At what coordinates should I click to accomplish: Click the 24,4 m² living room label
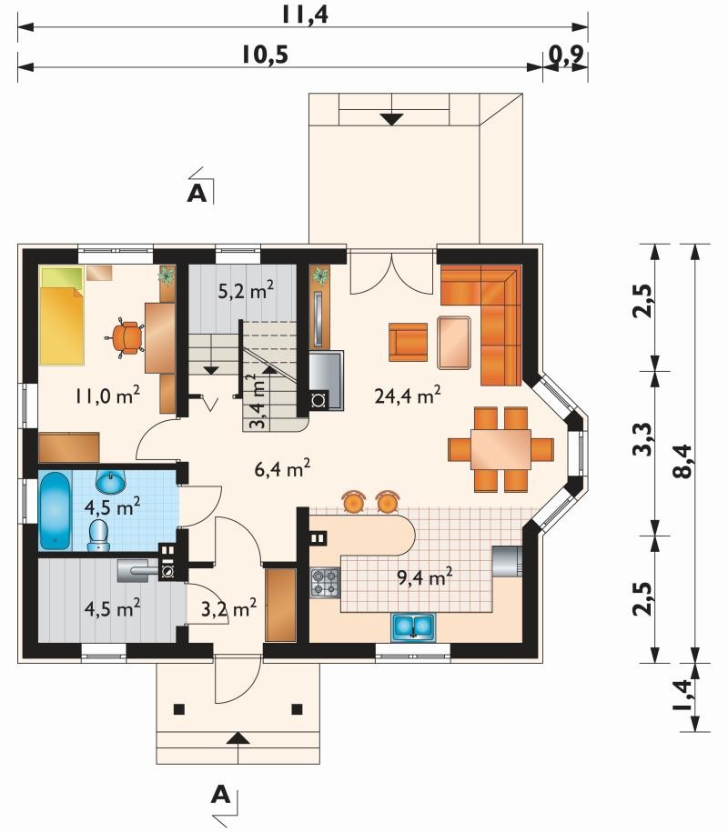click(408, 395)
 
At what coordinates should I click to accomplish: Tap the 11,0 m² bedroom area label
click(107, 395)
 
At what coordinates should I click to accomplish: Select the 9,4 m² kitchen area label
click(425, 576)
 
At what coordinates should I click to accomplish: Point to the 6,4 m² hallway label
click(282, 468)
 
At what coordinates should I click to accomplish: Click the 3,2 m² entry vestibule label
click(229, 608)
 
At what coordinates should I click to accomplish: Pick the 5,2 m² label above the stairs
click(247, 290)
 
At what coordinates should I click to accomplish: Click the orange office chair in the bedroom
click(126, 337)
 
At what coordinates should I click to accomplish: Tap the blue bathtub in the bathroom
click(55, 511)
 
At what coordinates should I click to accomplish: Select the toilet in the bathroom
click(98, 536)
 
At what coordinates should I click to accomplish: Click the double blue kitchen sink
click(414, 627)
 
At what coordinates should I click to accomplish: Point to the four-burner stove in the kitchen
click(325, 582)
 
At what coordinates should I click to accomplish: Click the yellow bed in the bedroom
click(62, 316)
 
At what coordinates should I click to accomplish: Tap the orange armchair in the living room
click(408, 342)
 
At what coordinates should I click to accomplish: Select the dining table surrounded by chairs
click(500, 449)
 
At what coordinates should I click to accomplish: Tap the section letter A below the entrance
click(220, 795)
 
